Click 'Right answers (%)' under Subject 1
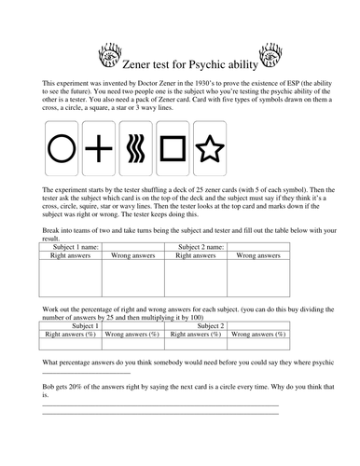(x=70, y=334)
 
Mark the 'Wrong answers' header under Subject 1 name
(x=132, y=254)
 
